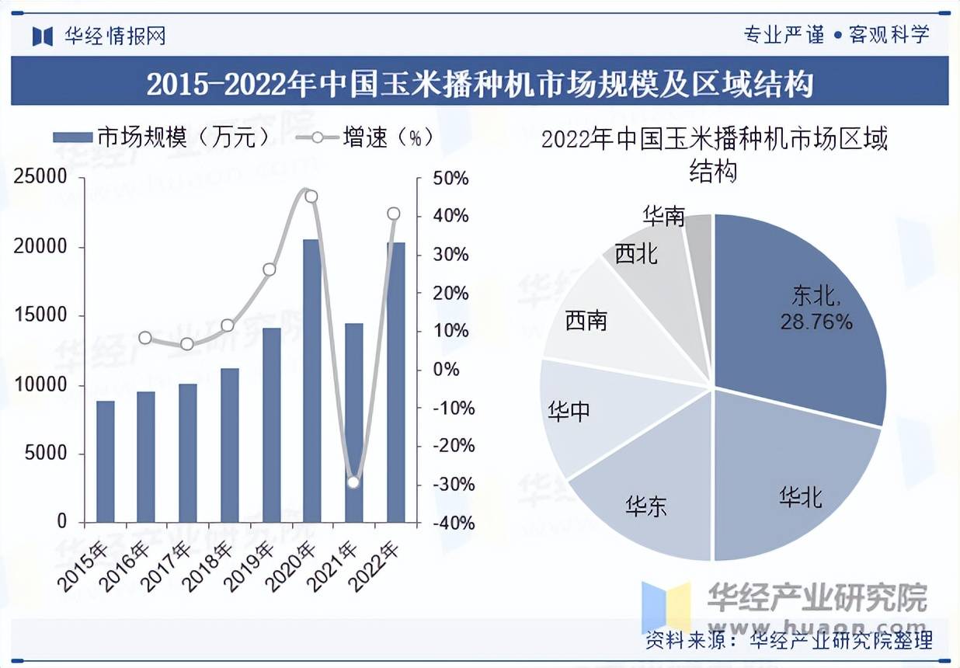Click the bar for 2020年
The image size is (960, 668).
(311, 381)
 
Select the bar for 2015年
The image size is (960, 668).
(105, 461)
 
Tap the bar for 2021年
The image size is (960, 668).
(353, 423)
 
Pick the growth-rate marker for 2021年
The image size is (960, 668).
(353, 482)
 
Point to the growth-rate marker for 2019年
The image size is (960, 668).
(270, 270)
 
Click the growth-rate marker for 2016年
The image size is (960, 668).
(145, 337)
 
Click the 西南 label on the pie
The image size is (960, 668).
(586, 320)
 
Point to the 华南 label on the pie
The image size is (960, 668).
(664, 216)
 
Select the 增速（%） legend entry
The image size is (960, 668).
(365, 137)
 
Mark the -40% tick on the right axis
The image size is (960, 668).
(451, 523)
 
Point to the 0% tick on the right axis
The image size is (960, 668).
(447, 370)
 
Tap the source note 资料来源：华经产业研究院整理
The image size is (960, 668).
(788, 641)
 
